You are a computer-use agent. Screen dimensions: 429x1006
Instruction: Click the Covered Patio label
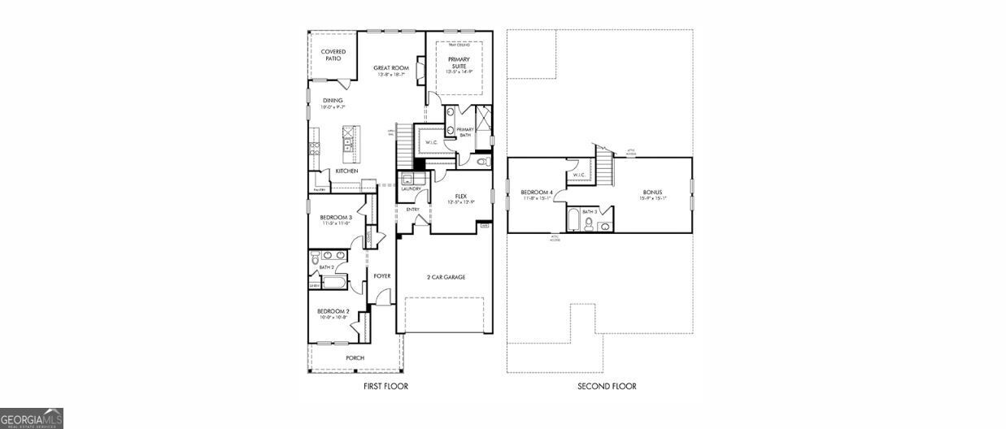(333, 55)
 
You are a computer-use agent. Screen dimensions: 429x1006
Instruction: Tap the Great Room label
(390, 68)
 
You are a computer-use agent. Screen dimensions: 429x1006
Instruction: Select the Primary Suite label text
(459, 63)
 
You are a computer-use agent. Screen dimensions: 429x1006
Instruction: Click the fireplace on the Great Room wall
(420, 71)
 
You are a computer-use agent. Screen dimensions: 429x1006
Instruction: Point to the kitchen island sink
(347, 145)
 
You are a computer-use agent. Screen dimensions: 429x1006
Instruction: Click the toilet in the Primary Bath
(482, 162)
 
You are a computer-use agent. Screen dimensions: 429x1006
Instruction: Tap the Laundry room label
(410, 189)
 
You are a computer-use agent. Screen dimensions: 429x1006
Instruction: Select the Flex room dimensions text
(460, 201)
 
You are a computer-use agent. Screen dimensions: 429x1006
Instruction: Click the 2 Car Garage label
(446, 277)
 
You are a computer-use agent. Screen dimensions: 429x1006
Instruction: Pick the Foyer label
(381, 276)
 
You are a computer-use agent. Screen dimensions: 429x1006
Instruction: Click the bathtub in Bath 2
(333, 283)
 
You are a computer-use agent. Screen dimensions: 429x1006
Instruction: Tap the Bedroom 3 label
(335, 217)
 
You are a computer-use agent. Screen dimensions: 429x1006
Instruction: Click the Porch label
(355, 357)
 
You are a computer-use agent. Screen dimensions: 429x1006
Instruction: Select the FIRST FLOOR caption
(385, 387)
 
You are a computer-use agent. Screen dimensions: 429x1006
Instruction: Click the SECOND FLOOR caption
(607, 387)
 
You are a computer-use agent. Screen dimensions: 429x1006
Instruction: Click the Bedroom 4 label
(537, 192)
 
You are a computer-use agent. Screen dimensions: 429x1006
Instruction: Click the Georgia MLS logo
(31, 418)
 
